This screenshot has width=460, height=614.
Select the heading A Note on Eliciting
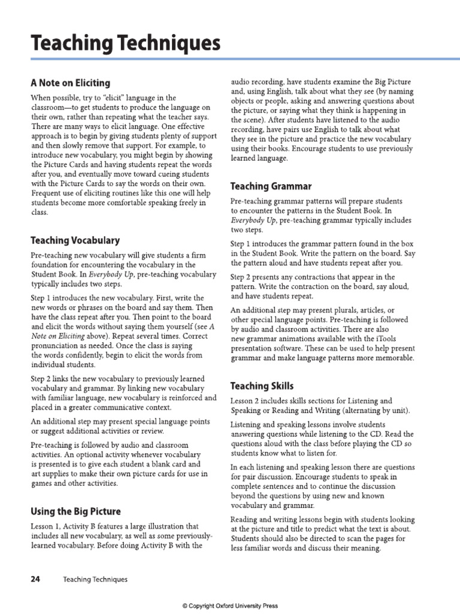(x=70, y=83)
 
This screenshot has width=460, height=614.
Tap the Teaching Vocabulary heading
(x=75, y=240)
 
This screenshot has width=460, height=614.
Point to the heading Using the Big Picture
(x=75, y=511)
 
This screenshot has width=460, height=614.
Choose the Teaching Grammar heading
(x=271, y=186)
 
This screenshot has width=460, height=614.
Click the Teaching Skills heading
(x=262, y=386)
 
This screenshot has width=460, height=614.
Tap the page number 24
(x=35, y=579)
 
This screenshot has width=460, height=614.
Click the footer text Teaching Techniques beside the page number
(x=95, y=579)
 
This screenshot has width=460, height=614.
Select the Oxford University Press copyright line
(x=230, y=606)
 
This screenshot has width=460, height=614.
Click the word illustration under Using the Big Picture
(x=161, y=526)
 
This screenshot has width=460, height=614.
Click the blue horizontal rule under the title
(x=230, y=58)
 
